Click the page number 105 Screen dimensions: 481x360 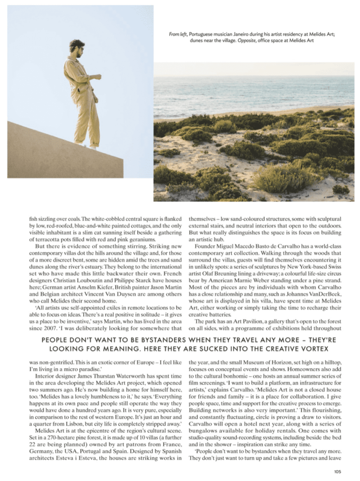(337, 472)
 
